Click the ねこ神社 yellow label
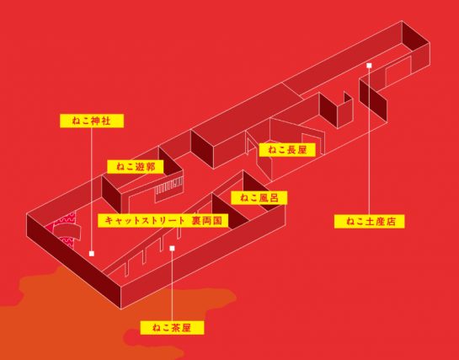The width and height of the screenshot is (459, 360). tap(92, 121)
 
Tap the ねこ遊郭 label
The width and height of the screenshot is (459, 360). tap(136, 167)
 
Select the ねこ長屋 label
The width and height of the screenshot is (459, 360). tap(287, 150)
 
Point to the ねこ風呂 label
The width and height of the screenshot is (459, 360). tap(259, 198)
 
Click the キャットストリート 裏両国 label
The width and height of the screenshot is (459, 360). tap(163, 220)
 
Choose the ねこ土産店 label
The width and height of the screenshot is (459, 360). tap(370, 222)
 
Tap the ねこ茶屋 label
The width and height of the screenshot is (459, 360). tap(172, 327)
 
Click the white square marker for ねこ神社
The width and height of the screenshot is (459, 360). tap(92, 254)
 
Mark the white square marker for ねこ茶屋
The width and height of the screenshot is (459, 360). tap(172, 249)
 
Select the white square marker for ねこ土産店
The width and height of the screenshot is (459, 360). tap(369, 65)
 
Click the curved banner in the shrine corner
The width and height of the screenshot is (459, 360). tap(67, 231)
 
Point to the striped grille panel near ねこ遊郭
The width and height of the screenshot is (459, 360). tap(168, 190)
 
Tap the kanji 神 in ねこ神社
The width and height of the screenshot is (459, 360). tap(96, 121)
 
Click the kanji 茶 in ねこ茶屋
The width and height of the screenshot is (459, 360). tap(176, 327)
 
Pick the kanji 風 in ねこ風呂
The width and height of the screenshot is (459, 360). tap(264, 198)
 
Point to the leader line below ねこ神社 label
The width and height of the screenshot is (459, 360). tap(92, 190)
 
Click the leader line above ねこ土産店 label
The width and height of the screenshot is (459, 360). tap(369, 141)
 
